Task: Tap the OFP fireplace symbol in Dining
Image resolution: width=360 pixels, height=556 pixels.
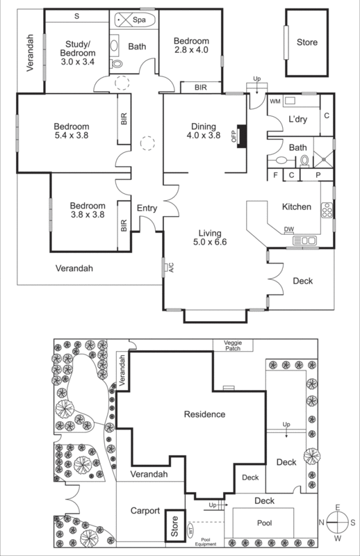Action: tap(240, 133)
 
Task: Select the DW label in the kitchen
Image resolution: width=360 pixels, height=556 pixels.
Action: tap(288, 230)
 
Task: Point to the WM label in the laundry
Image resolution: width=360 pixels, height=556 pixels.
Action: tap(275, 101)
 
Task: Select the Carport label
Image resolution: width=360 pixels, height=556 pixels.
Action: tap(145, 509)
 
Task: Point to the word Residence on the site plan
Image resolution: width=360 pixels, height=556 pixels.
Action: tap(204, 414)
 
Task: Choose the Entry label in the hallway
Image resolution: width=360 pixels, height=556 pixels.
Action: tap(147, 208)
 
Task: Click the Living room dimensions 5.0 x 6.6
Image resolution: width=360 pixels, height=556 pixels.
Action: tap(209, 243)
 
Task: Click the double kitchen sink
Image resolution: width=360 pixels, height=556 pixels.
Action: tap(305, 240)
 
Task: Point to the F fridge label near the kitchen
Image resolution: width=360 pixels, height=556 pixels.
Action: tap(275, 175)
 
